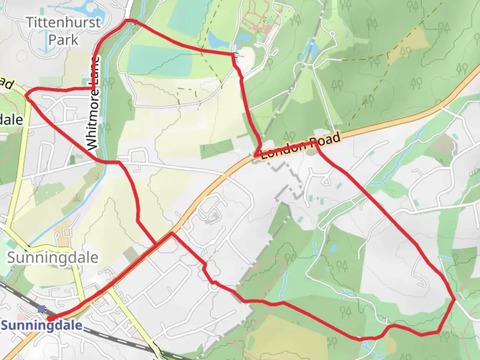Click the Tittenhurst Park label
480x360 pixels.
(63, 31)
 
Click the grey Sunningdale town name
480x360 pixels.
(53, 258)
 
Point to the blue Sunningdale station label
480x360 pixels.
(42, 325)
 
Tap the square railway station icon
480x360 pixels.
(42, 309)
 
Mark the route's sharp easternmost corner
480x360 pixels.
(455, 300)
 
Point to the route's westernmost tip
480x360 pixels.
(26, 95)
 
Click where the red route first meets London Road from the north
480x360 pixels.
(255, 156)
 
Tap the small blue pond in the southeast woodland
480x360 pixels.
(332, 248)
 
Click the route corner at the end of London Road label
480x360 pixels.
(315, 142)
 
